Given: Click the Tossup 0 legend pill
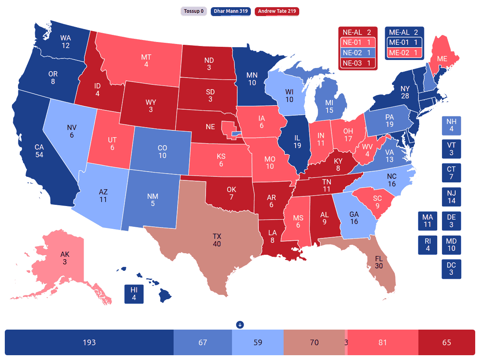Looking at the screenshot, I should click(x=194, y=11).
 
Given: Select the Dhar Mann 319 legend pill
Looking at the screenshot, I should click(x=230, y=11).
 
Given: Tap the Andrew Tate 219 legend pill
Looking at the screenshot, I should click(x=277, y=11).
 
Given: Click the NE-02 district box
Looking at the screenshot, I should click(x=358, y=53).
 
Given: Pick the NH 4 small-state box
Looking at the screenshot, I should click(x=451, y=126).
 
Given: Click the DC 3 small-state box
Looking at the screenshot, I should click(x=451, y=269).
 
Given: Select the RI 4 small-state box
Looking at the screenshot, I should click(x=428, y=245).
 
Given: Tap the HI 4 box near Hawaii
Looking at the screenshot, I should click(x=134, y=294).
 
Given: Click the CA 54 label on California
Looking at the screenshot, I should click(x=39, y=151).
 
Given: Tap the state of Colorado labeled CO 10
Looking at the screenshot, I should click(x=162, y=152).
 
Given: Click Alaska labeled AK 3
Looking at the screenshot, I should click(x=64, y=258).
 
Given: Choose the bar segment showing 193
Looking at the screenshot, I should click(x=89, y=342).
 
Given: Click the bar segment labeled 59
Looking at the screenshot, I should click(x=257, y=342).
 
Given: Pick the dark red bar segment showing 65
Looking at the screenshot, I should click(x=446, y=342).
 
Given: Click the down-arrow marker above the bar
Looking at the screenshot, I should click(x=240, y=324).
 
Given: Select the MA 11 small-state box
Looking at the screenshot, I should click(x=428, y=221).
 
